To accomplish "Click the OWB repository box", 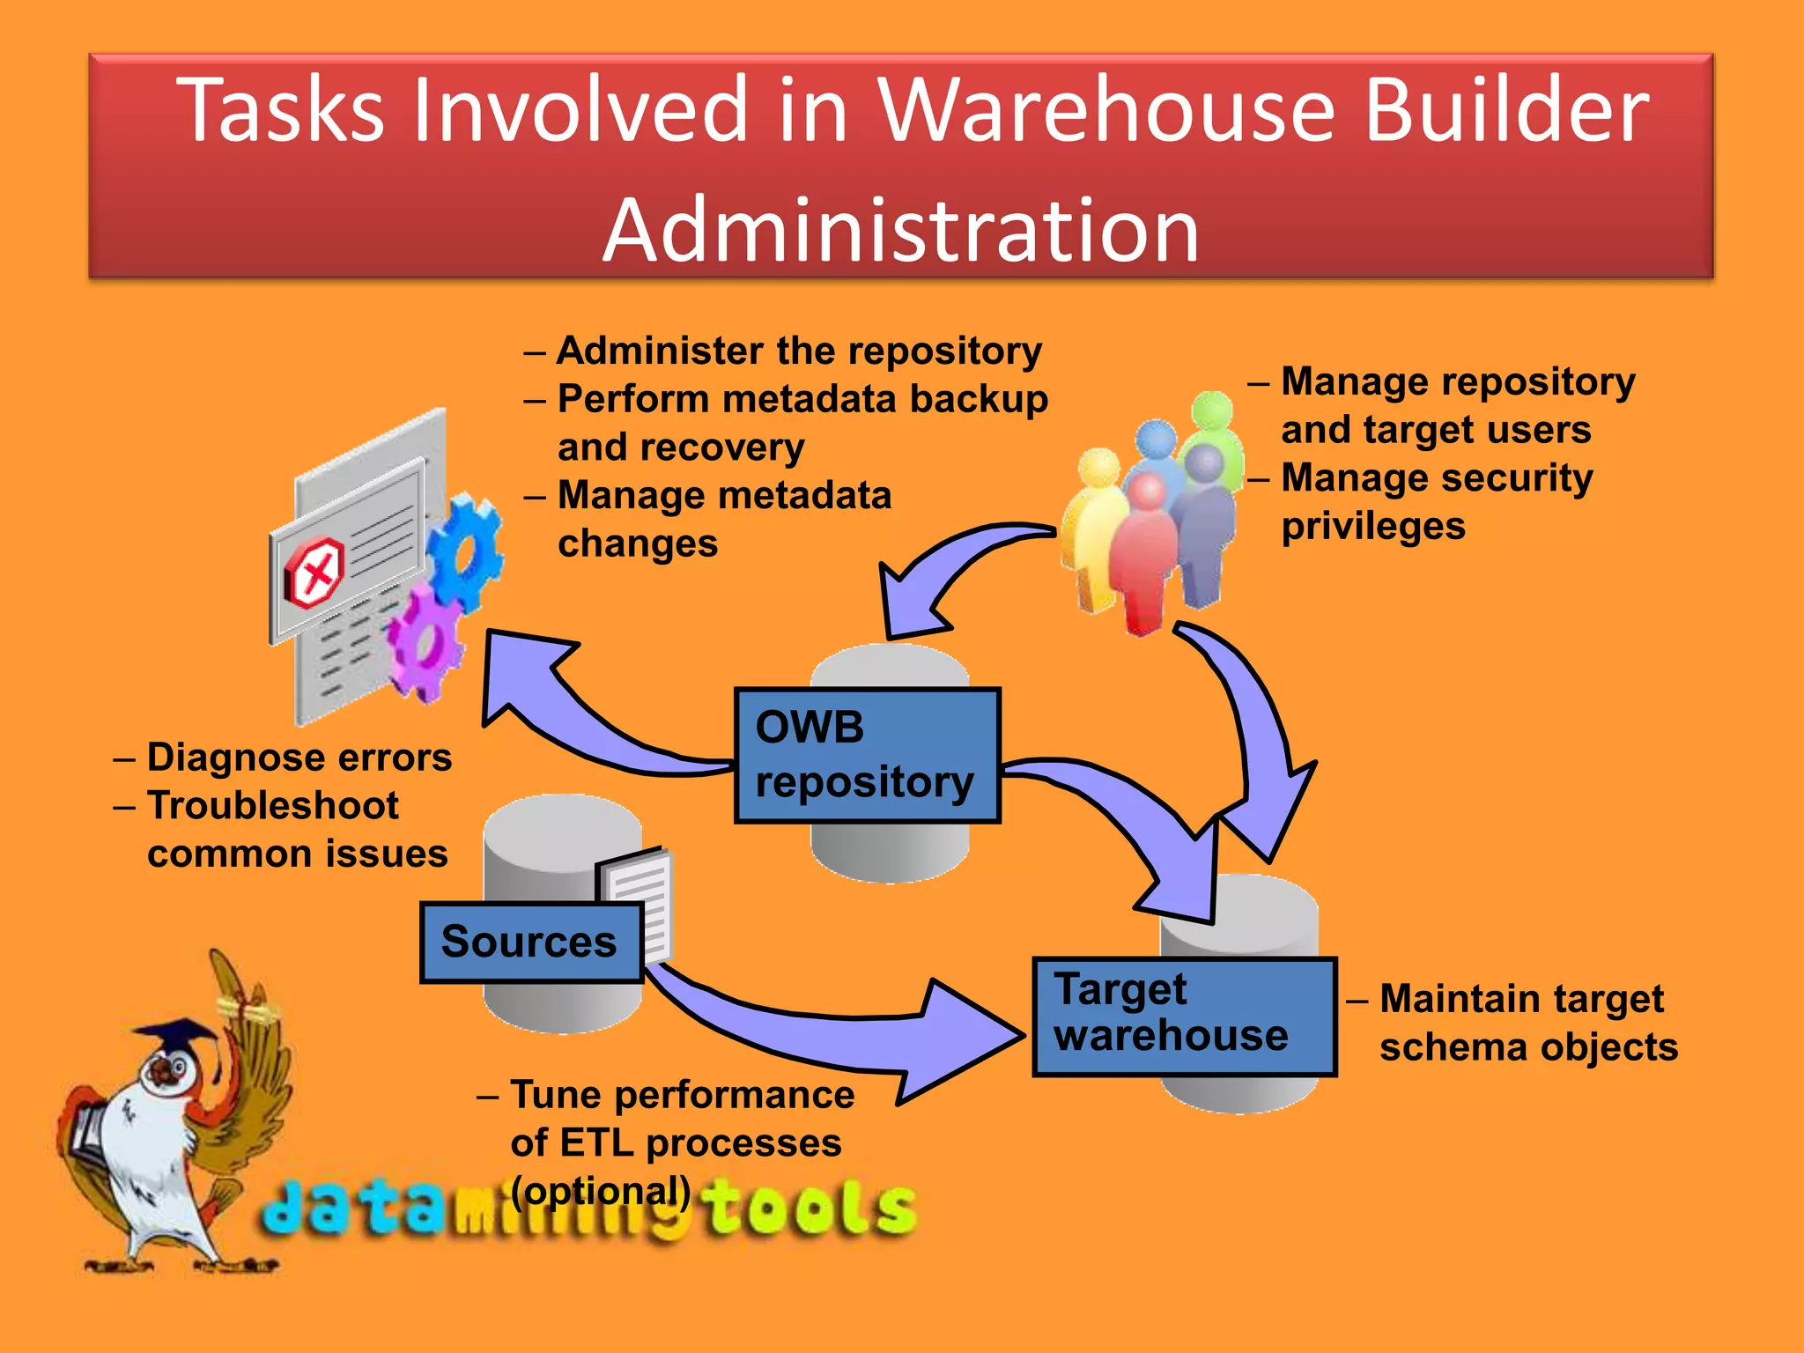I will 867,756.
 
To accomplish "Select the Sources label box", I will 531,942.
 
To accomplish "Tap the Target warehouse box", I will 1184,1016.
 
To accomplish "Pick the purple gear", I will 425,642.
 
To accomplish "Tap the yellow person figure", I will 1092,529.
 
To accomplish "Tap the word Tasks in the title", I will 280,110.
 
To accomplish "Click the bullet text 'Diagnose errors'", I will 299,758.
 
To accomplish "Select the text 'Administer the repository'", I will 798,351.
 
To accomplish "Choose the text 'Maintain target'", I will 1520,999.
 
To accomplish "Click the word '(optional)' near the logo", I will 601,1191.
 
